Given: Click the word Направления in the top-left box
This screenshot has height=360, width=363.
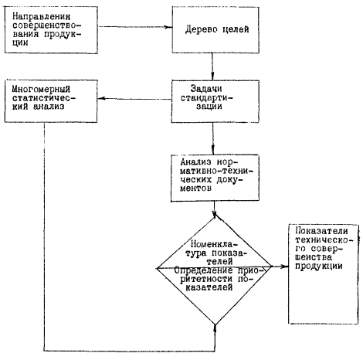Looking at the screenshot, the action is [x=41, y=16].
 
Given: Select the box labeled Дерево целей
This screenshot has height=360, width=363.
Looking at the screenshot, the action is [x=215, y=30].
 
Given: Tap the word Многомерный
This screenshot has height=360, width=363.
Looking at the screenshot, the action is [x=41, y=90].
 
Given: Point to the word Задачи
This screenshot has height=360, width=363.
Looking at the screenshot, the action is [x=206, y=89].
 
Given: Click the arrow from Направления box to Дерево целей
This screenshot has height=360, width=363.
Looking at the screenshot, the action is [x=135, y=26].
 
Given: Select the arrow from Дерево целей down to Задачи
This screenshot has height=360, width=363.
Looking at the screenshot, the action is [x=212, y=66].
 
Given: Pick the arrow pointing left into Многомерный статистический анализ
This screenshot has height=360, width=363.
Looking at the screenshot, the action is [x=134, y=98].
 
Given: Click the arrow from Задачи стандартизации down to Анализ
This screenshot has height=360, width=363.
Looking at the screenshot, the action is [x=213, y=138].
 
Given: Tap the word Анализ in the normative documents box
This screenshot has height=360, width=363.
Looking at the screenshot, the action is [x=195, y=162].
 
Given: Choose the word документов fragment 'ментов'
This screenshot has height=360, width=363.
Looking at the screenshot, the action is [x=195, y=188].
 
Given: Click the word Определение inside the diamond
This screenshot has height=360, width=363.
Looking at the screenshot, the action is [x=203, y=271].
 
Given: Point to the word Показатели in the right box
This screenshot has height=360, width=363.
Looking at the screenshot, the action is [x=321, y=231].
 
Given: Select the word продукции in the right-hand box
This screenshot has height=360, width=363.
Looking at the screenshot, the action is [x=319, y=266].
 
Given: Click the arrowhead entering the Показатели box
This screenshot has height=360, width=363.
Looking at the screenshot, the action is [x=284, y=267].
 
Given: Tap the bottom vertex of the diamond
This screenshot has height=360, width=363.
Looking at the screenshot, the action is [x=215, y=325].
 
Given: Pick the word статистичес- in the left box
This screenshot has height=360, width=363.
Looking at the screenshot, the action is [x=45, y=98].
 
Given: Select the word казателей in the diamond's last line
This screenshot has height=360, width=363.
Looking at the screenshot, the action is [x=209, y=287].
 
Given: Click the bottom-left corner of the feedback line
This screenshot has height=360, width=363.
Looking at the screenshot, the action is [x=45, y=351].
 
